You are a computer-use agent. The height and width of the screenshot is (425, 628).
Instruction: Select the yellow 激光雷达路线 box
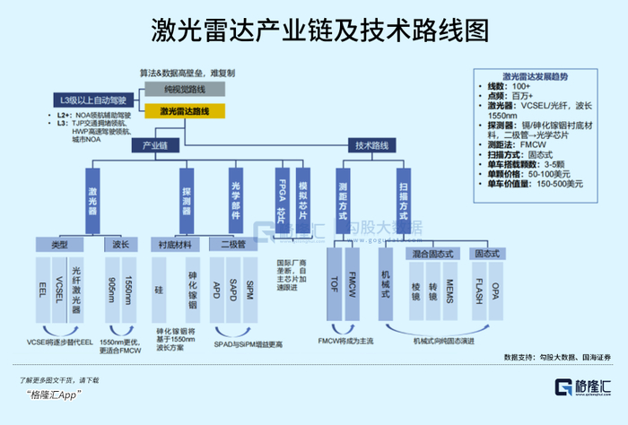[185, 111]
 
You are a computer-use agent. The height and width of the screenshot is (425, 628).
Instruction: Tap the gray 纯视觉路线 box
[185, 91]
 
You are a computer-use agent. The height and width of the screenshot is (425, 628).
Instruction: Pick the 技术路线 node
[371, 144]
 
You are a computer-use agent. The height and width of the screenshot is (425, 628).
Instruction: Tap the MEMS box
[449, 291]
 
